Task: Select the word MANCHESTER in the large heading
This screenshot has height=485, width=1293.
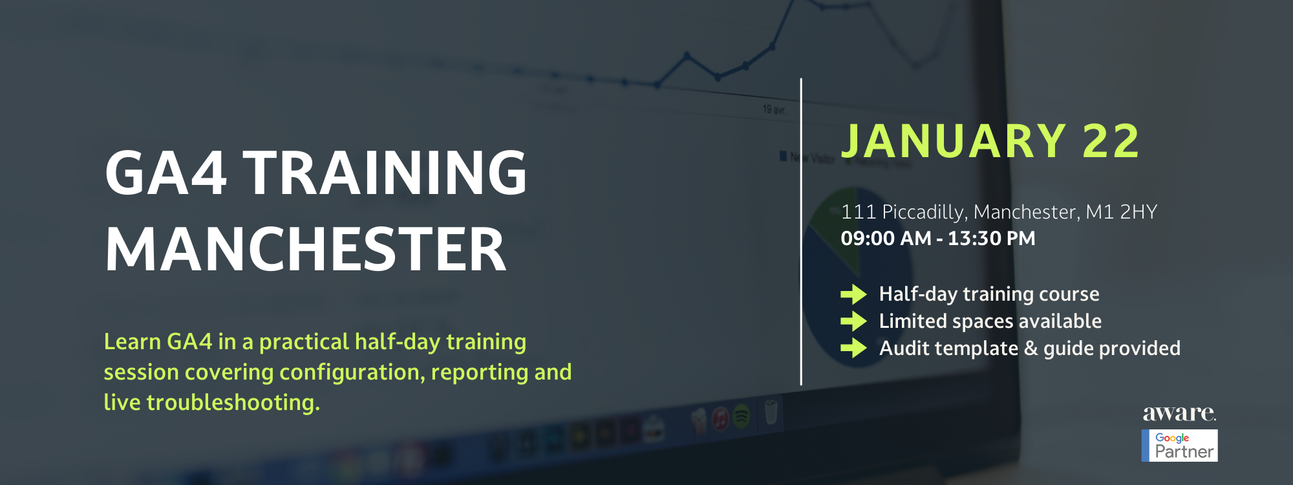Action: pos(306,250)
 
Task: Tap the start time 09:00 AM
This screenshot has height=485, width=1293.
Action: pos(886,239)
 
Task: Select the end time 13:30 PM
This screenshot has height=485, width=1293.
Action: pos(992,239)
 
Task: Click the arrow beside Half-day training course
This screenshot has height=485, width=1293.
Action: pos(853,294)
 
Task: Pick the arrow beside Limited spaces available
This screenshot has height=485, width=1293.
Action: pos(853,321)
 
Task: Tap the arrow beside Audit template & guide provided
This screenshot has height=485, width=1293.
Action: pos(853,349)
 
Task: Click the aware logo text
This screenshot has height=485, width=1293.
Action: pos(1179,413)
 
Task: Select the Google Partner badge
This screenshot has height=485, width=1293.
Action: pos(1180,446)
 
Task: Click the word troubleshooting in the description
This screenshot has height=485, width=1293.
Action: pos(233,403)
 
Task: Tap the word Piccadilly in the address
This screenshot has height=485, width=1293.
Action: pos(925,212)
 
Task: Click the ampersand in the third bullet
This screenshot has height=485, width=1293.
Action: pos(1031,349)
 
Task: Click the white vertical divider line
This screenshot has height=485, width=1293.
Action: pos(801,232)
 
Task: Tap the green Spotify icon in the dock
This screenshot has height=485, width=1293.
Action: pos(742,416)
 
